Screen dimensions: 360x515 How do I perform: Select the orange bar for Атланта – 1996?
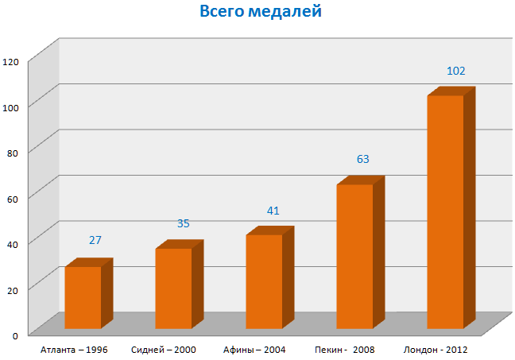pos(83,297)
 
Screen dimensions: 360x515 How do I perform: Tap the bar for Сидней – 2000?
pos(173,288)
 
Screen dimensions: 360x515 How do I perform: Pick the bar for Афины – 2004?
pos(264,281)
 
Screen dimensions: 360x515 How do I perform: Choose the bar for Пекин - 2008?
pos(354,256)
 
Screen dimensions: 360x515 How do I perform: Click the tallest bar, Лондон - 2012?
pos(445,211)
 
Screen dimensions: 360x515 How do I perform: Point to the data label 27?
pos(95,240)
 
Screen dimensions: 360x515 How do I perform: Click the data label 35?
pos(184,223)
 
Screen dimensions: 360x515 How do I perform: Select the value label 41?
pos(273,211)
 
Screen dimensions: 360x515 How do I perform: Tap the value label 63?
pos(363,159)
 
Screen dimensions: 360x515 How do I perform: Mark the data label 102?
pos(456,71)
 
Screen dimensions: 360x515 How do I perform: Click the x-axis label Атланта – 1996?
pos(74,349)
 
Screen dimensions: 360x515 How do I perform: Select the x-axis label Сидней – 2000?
pos(164,349)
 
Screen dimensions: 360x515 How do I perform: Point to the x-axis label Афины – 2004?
pos(254,349)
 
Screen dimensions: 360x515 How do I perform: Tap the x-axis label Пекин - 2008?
pos(345,349)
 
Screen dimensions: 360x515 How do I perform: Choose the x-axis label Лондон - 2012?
pos(436,349)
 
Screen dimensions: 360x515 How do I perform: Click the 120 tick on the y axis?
pos(11,61)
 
